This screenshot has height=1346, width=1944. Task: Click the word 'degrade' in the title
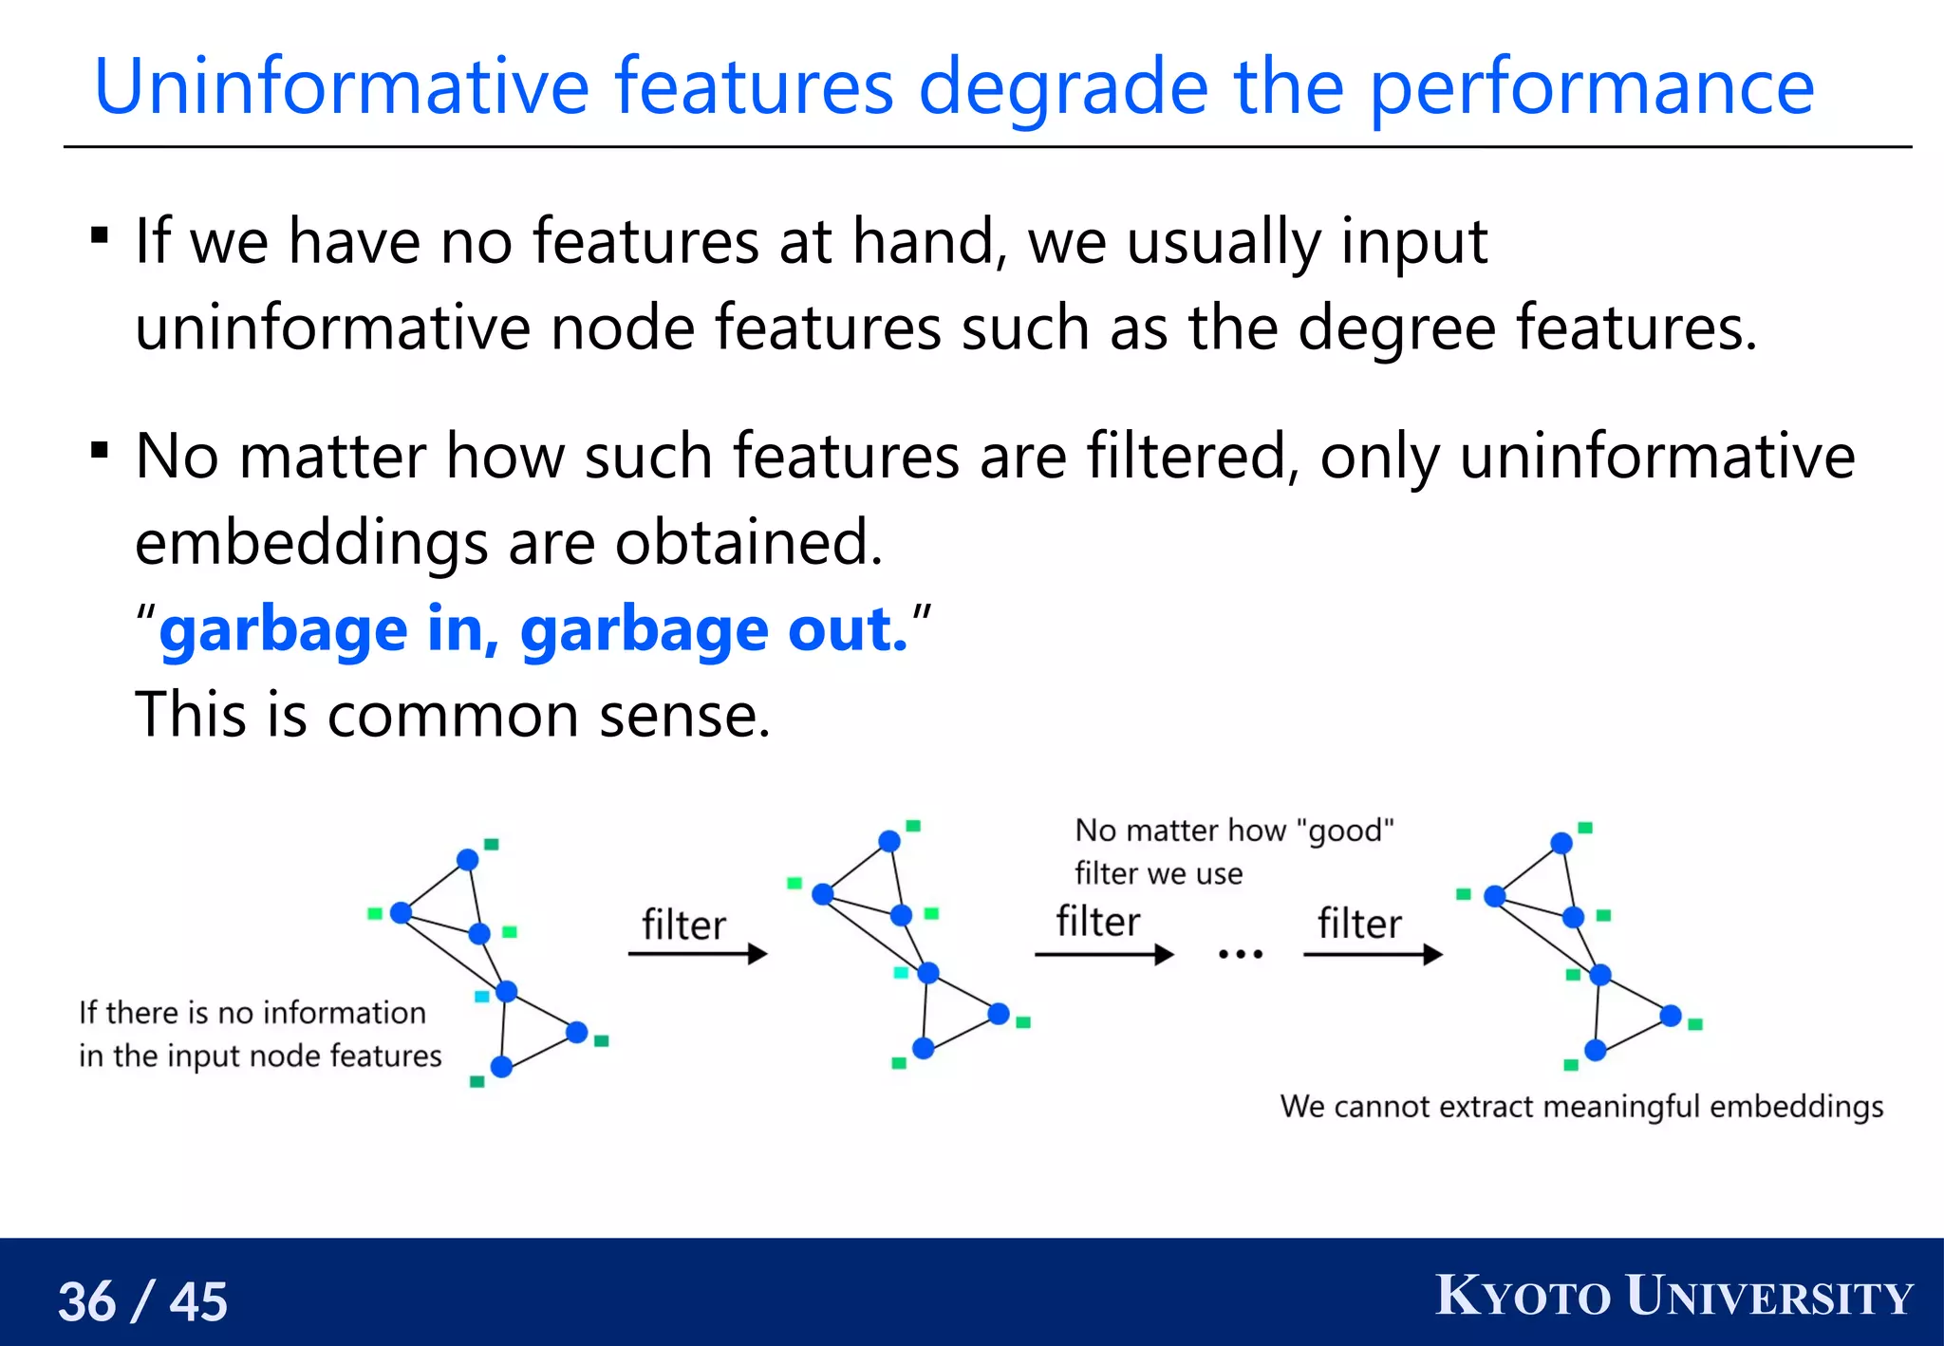point(1062,87)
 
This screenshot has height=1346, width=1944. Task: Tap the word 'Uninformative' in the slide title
point(342,87)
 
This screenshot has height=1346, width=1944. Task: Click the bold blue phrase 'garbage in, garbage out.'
point(533,629)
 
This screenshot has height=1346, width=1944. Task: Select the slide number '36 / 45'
point(143,1300)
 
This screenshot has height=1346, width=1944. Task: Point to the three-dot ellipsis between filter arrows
point(1240,954)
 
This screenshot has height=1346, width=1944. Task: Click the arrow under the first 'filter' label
point(698,953)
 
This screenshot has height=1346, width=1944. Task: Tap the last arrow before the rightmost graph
point(1373,954)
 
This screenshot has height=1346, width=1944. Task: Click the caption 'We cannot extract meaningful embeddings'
point(1581,1107)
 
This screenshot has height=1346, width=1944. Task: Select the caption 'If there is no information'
point(252,1013)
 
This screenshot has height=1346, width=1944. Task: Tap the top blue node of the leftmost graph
point(467,859)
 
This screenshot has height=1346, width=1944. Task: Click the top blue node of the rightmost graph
point(1561,843)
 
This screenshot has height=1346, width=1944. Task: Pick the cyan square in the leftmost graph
point(481,996)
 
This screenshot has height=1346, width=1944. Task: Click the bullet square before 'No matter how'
point(100,449)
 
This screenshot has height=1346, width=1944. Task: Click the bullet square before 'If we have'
point(100,234)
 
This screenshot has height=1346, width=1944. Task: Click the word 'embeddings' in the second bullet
point(311,543)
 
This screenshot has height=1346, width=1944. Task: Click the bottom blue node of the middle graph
point(923,1048)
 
